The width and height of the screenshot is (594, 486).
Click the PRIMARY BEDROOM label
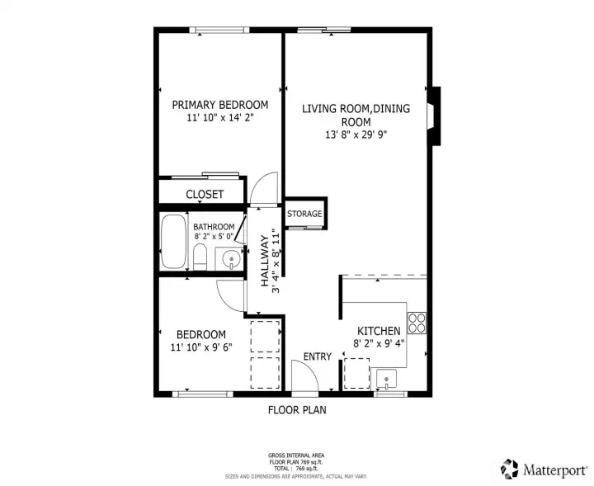click(x=220, y=105)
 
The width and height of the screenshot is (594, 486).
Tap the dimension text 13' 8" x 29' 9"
click(x=356, y=134)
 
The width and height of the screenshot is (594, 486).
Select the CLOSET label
click(x=205, y=195)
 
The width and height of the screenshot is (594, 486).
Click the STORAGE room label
click(x=304, y=214)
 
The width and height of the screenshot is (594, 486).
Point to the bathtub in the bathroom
click(x=173, y=242)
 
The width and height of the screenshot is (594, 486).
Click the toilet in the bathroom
click(x=200, y=257)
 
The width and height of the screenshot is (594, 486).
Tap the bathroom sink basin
click(x=231, y=259)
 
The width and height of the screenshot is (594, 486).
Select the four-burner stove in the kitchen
click(x=417, y=323)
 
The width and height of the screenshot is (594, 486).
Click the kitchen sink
click(x=386, y=380)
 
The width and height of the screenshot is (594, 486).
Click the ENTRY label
click(x=318, y=356)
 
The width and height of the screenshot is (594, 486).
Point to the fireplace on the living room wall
click(x=434, y=116)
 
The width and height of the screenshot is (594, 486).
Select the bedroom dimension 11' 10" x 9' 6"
click(x=201, y=347)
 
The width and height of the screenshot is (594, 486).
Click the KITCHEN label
click(x=379, y=331)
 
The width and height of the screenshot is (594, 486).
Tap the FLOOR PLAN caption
click(x=297, y=410)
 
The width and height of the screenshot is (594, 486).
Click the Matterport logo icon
click(x=510, y=469)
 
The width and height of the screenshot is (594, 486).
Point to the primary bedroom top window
click(x=219, y=30)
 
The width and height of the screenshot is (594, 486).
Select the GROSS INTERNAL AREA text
click(x=296, y=455)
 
